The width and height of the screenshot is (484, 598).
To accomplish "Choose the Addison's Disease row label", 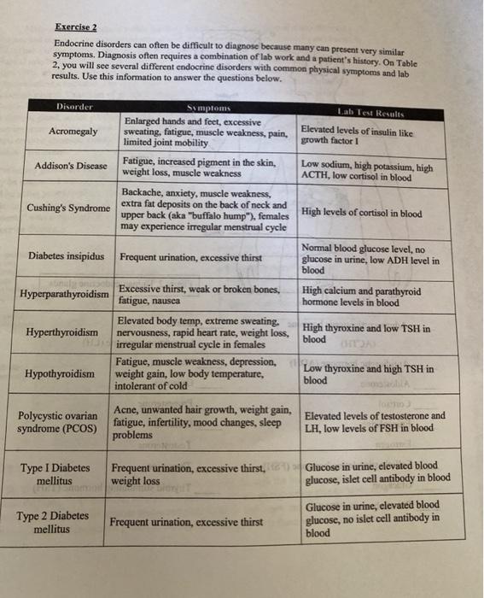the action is [x=72, y=166].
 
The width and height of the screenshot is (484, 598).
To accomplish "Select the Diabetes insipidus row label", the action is [x=67, y=256].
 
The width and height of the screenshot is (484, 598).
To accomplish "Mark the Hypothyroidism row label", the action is [x=61, y=374].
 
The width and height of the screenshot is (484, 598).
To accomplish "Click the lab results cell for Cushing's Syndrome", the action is [x=362, y=214].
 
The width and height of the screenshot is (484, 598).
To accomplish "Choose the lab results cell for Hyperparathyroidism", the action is [x=362, y=296].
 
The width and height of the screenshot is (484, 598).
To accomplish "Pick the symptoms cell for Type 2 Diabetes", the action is [x=185, y=522].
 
